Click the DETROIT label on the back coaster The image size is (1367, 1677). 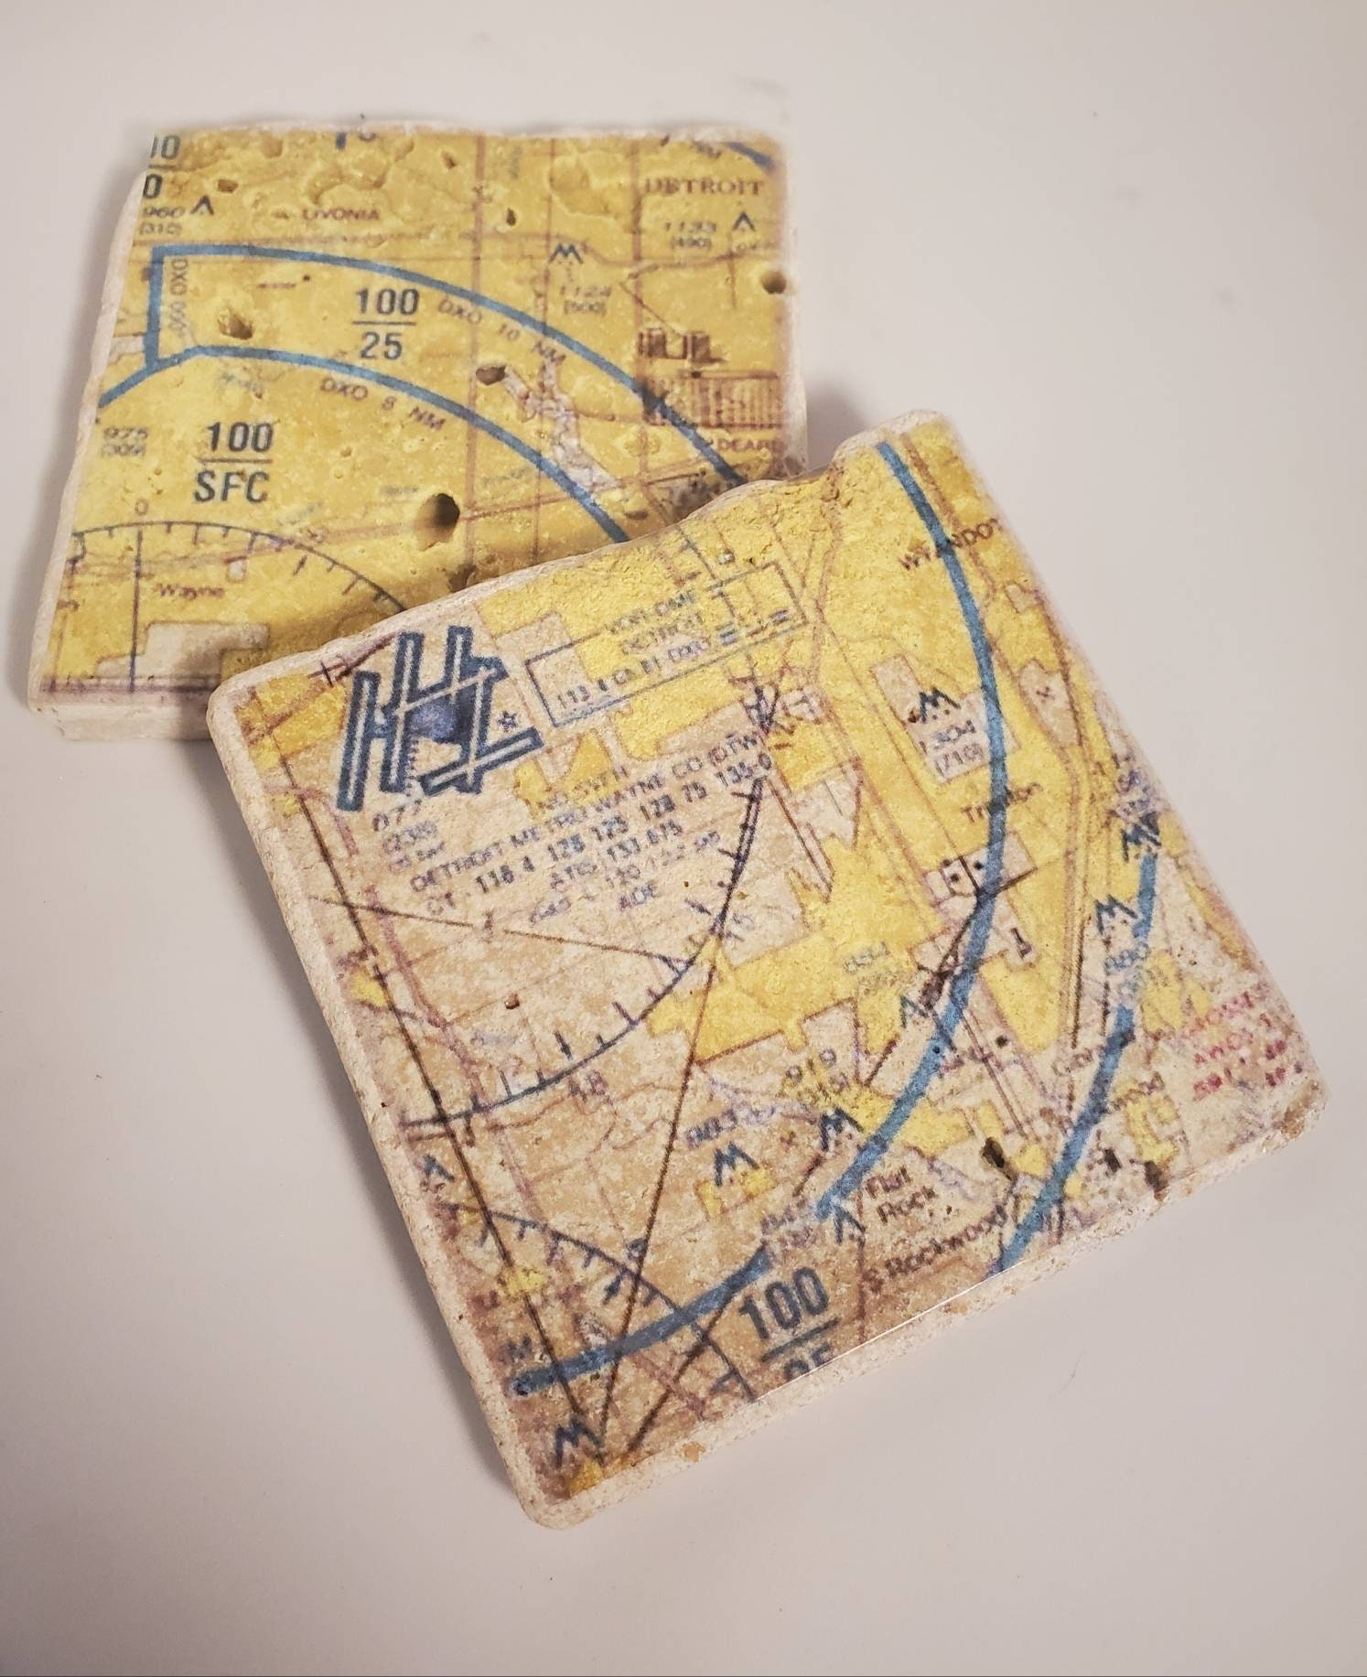[704, 186]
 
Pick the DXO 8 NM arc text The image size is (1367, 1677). [371, 395]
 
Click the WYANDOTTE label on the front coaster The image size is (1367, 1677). [952, 553]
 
